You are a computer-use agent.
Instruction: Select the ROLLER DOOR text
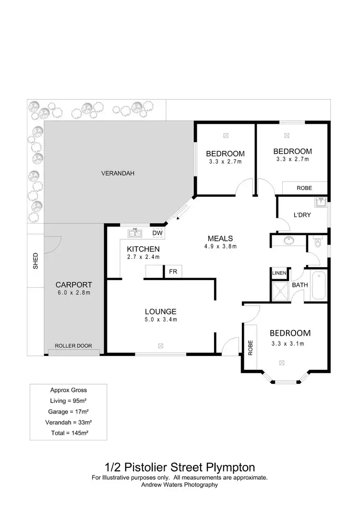pos(73,345)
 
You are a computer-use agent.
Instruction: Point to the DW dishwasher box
pos(157,233)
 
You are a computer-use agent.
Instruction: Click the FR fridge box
pos(173,272)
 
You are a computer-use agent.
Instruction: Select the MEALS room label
pos(220,238)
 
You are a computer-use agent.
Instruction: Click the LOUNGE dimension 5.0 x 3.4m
pos(161,320)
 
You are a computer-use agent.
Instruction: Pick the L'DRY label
pos(302,215)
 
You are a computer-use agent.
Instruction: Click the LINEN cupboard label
pos(279,273)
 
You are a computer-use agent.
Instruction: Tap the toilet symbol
pos(317,243)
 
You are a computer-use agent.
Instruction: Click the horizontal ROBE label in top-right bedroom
pos(304,188)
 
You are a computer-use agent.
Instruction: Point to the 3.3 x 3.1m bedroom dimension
pos(289,343)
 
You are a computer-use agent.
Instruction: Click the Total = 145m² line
pos(68,432)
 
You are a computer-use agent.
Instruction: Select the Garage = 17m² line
pos(68,411)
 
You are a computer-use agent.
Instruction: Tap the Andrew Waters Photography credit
pos(180,485)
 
